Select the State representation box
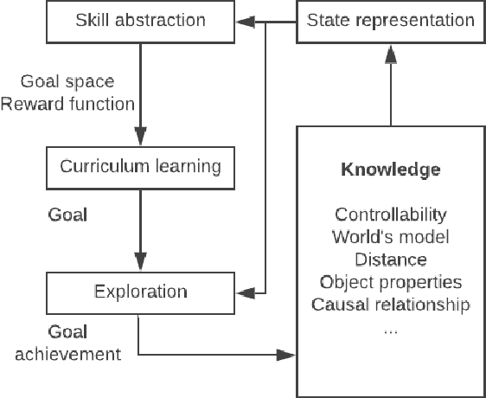390,20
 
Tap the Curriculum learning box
139,165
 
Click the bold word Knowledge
390,170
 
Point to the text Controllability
390,215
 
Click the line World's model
390,237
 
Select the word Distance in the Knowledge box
390,260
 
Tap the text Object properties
390,282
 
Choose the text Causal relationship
390,305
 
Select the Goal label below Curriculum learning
67,213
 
